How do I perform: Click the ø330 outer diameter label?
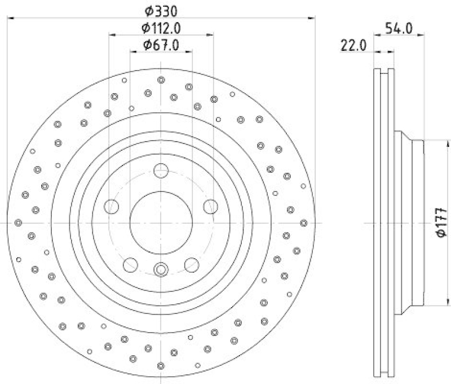[161, 10]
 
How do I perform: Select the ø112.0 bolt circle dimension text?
[161, 28]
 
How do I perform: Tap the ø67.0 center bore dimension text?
[161, 45]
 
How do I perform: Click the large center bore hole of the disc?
[161, 222]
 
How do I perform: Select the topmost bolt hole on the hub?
[161, 170]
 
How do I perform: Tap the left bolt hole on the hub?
[112, 206]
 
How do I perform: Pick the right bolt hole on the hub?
[211, 206]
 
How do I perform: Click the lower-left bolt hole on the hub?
[130, 264]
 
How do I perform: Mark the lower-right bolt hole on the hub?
[192, 264]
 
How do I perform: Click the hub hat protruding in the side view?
[409, 222]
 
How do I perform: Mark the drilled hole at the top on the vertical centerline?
[161, 80]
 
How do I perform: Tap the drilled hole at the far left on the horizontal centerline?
[18, 223]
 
